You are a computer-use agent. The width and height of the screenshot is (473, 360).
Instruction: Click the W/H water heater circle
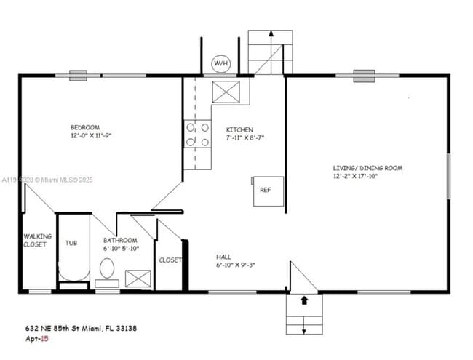tap(220, 64)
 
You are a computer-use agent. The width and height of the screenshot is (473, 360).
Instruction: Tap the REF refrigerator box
tap(266, 191)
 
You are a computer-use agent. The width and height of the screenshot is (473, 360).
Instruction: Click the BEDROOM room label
tap(85, 127)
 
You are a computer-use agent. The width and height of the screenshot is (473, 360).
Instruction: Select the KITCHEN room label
tap(239, 129)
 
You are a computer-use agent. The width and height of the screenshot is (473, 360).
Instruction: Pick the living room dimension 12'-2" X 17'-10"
tap(357, 176)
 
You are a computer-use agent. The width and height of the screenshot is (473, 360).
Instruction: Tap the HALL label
tap(223, 257)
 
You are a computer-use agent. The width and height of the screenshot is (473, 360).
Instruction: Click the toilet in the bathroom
tap(106, 270)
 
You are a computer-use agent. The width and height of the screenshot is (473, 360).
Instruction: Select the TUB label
tap(71, 243)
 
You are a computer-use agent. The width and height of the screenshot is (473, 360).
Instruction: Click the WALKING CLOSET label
tap(35, 240)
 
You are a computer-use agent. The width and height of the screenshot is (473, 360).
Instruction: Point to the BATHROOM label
tap(120, 240)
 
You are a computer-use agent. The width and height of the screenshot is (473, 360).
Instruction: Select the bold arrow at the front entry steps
tap(304, 299)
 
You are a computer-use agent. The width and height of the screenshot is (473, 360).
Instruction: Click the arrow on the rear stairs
tap(271, 33)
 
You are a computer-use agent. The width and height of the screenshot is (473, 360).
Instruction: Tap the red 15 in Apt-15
tap(44, 339)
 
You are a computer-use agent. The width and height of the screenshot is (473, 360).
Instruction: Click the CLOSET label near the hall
tap(170, 260)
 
